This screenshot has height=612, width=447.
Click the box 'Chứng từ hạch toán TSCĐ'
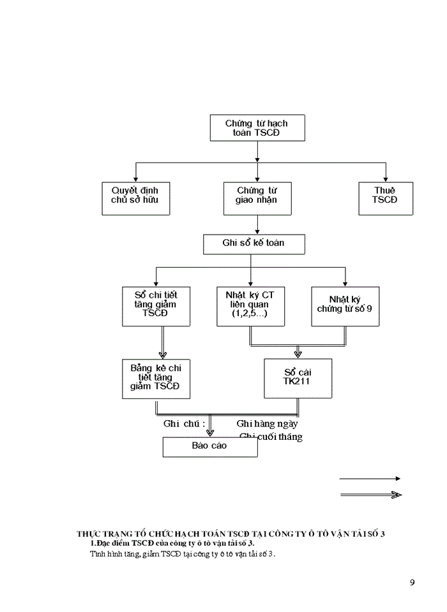click(x=257, y=127)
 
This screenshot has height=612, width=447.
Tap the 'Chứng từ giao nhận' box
click(x=257, y=198)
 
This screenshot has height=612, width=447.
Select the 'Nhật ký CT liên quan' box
click(x=250, y=306)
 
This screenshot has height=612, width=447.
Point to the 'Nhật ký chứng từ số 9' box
click(x=345, y=306)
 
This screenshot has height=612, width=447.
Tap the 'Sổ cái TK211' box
click(x=298, y=378)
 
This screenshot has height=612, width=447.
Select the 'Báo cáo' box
click(x=210, y=447)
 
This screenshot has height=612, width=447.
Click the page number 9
click(x=413, y=582)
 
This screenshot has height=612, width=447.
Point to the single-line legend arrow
click(x=370, y=478)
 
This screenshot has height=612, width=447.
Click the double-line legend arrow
click(x=370, y=495)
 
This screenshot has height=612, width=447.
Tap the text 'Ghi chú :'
click(x=185, y=423)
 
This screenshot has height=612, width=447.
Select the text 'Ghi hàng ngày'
click(x=267, y=423)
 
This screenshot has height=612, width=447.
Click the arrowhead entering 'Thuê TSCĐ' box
click(x=386, y=178)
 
